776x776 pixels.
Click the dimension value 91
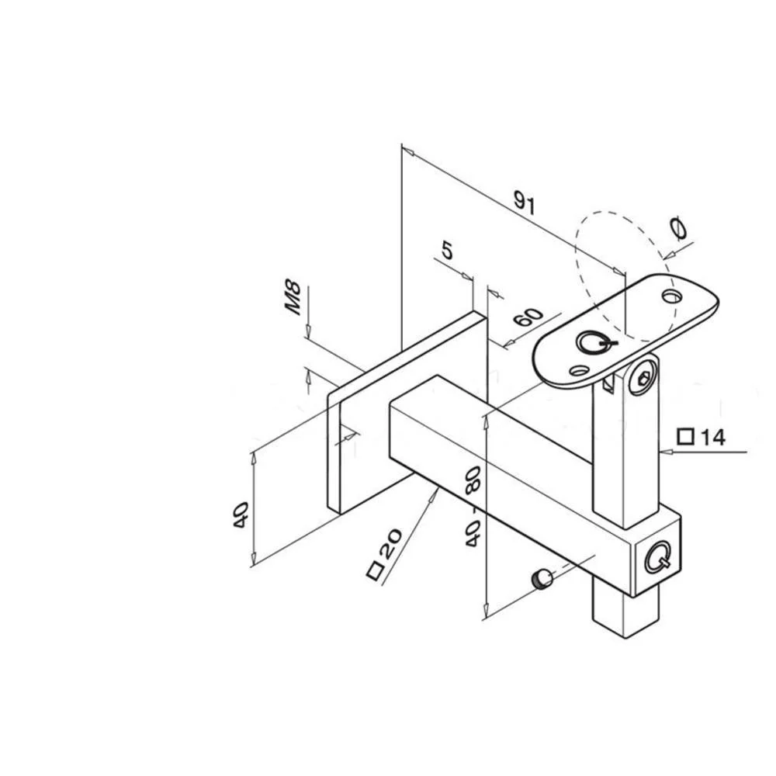point(525,203)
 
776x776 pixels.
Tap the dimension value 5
point(447,251)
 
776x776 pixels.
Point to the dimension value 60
point(528,317)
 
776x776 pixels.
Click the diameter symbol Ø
point(678,229)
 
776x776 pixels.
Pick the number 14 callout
point(712,438)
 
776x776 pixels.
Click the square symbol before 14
point(685,437)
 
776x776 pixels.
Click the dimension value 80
point(473,480)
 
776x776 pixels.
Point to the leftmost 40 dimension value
point(241,515)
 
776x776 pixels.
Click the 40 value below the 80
point(473,533)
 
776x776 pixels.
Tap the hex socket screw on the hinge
point(643,378)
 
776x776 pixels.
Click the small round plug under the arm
point(542,579)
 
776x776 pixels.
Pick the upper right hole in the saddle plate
point(672,296)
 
